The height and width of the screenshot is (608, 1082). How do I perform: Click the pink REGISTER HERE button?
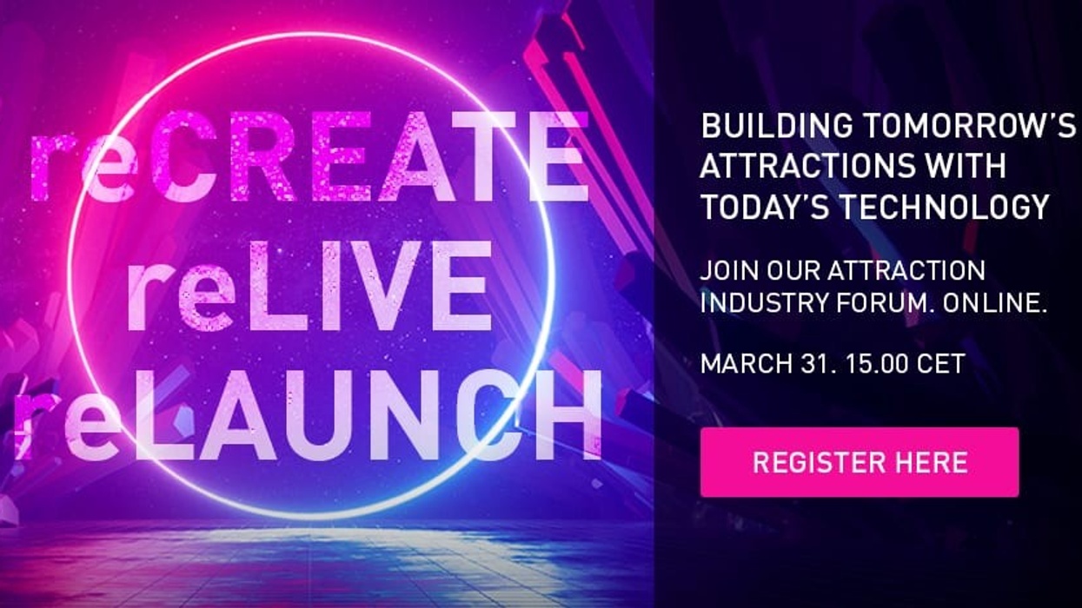coord(859,462)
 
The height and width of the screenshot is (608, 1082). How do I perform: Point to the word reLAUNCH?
coord(309,414)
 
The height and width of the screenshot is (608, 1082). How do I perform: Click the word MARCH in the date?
coord(740,362)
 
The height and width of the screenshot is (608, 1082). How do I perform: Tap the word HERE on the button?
coord(931,462)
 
